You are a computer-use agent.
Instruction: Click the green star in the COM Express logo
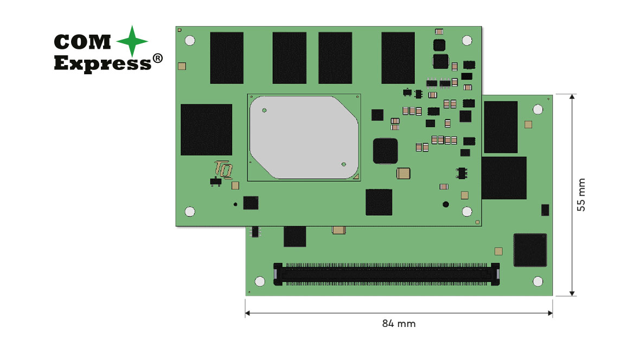[132, 41]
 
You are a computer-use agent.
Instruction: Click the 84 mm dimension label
[399, 324]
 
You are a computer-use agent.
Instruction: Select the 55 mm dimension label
[581, 195]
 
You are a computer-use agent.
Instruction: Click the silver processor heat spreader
[303, 137]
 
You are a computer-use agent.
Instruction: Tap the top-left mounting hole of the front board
[190, 40]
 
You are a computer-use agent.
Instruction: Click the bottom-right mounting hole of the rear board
[537, 281]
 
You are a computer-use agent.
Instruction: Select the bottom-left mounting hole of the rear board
[260, 281]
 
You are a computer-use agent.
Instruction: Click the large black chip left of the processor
[206, 130]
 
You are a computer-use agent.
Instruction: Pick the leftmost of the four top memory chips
[227, 57]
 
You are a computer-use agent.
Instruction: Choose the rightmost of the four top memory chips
[398, 57]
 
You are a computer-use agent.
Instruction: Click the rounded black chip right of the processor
[385, 151]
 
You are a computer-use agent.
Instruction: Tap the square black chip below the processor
[379, 202]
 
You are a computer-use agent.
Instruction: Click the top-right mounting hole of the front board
[466, 40]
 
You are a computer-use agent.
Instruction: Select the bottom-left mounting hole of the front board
[190, 211]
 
